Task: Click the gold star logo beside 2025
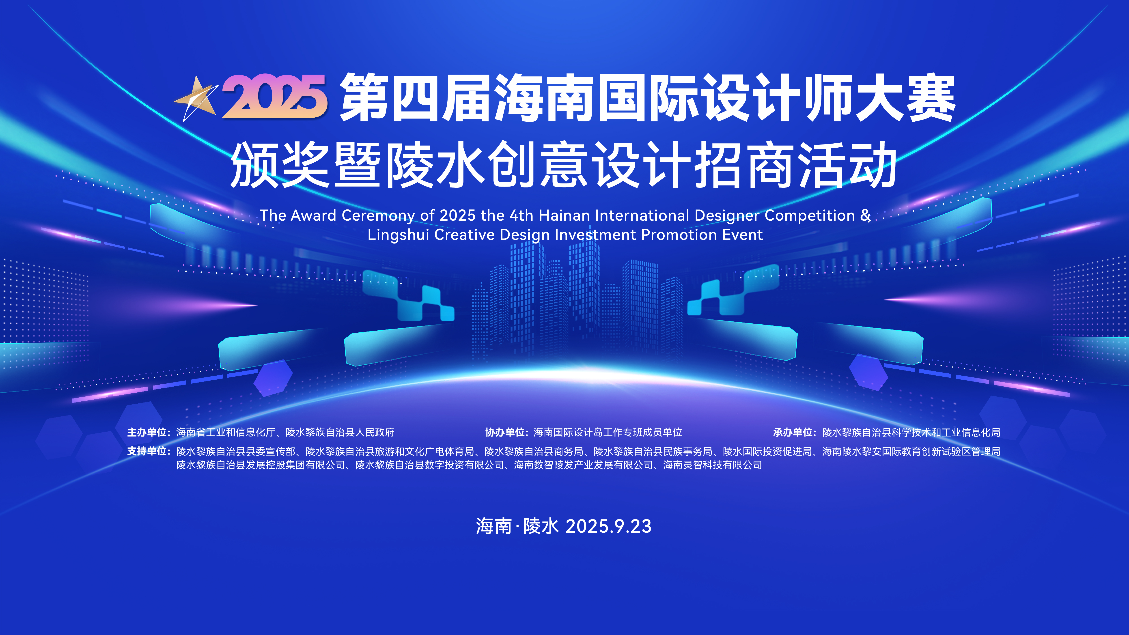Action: (196, 99)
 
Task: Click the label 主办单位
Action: (147, 433)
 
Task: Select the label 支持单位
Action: (147, 451)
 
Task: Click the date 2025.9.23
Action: (609, 526)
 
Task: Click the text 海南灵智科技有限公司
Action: (713, 465)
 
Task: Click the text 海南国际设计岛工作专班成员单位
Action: (608, 433)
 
